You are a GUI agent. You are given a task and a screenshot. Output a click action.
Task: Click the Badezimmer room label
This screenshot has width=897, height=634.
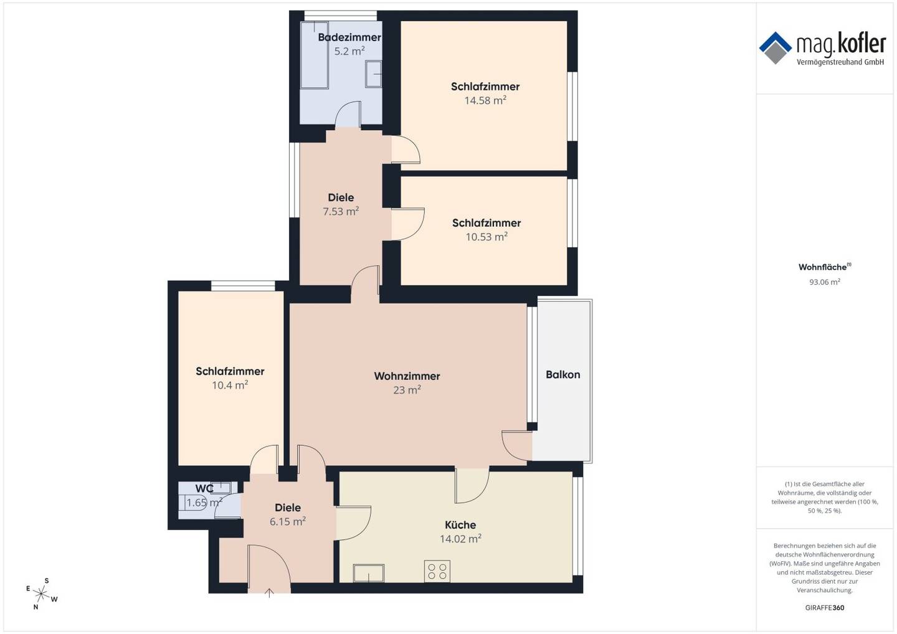point(349,37)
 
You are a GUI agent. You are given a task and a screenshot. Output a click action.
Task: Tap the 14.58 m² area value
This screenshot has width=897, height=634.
point(485,100)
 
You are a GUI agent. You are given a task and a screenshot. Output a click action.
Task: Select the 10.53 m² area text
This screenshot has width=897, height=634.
point(486,237)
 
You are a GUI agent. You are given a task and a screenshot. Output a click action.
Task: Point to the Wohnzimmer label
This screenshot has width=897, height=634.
point(407,376)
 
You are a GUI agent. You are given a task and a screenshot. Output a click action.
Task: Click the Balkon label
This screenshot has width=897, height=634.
point(562,375)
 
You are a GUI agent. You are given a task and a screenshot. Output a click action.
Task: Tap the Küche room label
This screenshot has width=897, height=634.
point(460,525)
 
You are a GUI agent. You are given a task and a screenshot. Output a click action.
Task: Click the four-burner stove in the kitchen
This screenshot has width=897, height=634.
point(437,571)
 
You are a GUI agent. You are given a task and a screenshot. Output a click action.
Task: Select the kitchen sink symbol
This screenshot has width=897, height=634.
point(368,573)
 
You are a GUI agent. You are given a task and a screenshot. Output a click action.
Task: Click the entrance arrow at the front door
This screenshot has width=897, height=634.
point(269,593)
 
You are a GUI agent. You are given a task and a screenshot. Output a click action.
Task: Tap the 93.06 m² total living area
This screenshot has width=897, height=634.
point(825,282)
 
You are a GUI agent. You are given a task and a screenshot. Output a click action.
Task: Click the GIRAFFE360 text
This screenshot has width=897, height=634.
point(825,608)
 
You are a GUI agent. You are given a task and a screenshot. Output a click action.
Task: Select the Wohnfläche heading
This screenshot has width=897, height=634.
point(825,267)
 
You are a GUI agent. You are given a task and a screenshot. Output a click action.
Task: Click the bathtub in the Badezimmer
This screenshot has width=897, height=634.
point(315,55)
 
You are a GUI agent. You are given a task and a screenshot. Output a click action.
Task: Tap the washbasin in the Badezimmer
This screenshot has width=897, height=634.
point(373,74)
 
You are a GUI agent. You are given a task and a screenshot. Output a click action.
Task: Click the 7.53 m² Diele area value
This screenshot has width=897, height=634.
point(341,211)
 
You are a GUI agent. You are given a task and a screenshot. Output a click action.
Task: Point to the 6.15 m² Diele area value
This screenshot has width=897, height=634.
point(288,521)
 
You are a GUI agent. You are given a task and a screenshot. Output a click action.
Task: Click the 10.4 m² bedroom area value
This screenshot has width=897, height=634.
point(230,385)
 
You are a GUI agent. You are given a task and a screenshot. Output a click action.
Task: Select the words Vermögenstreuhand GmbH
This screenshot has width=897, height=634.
point(840,62)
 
